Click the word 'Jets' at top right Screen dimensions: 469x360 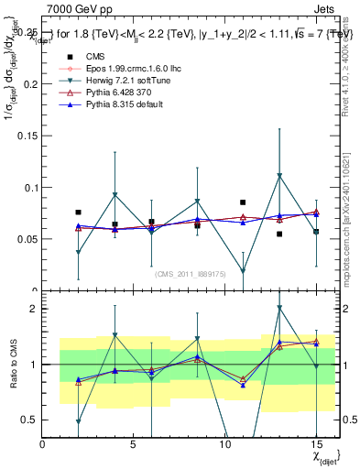click(x=325, y=8)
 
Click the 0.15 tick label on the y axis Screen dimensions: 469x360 click(x=27, y=136)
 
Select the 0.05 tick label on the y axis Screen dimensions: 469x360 click(x=27, y=239)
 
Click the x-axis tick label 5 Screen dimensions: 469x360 click(x=134, y=444)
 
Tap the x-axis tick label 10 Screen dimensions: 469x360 click(x=224, y=444)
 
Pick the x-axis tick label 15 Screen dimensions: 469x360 click(x=316, y=444)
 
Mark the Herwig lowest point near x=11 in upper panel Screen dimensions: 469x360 click(x=243, y=271)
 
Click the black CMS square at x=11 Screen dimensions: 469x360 click(x=243, y=202)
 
